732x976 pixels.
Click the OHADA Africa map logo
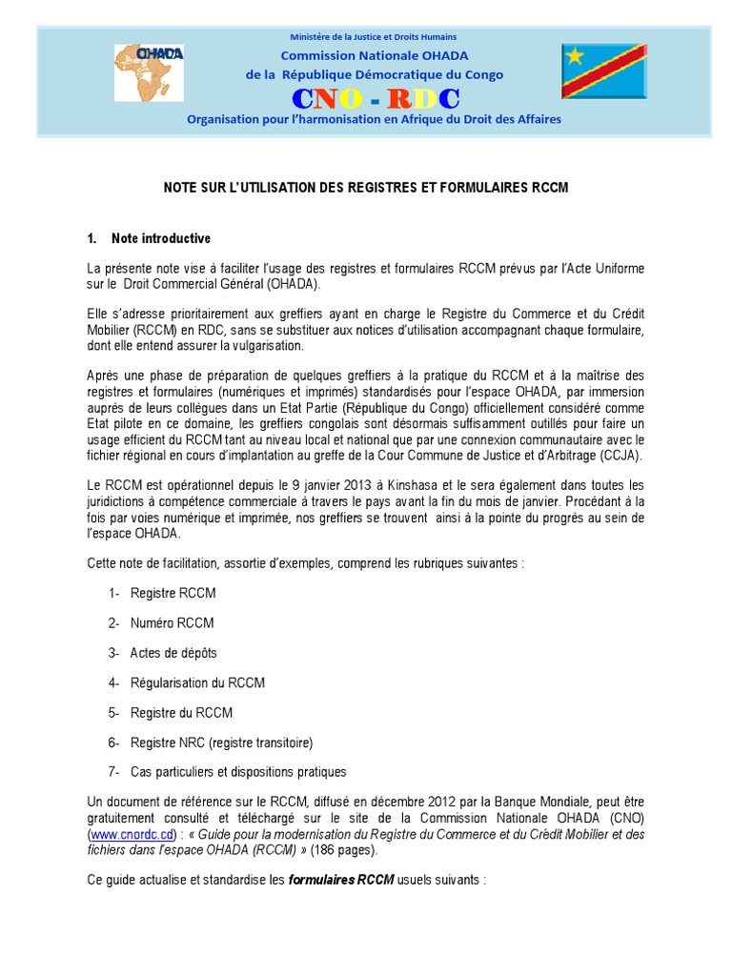149,71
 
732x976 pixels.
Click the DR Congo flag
603,71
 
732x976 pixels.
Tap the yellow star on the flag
575,56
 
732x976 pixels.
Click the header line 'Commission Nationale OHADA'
374,55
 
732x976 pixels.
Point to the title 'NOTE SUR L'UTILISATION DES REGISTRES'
365,189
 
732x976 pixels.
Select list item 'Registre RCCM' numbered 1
173,593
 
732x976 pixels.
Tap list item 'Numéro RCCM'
172,622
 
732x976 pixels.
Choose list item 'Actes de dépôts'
173,653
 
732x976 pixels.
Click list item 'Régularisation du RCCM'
197,682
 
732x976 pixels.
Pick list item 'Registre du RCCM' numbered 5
181,712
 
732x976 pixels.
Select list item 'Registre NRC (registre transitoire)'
221,742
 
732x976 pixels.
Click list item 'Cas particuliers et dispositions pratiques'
238,771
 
